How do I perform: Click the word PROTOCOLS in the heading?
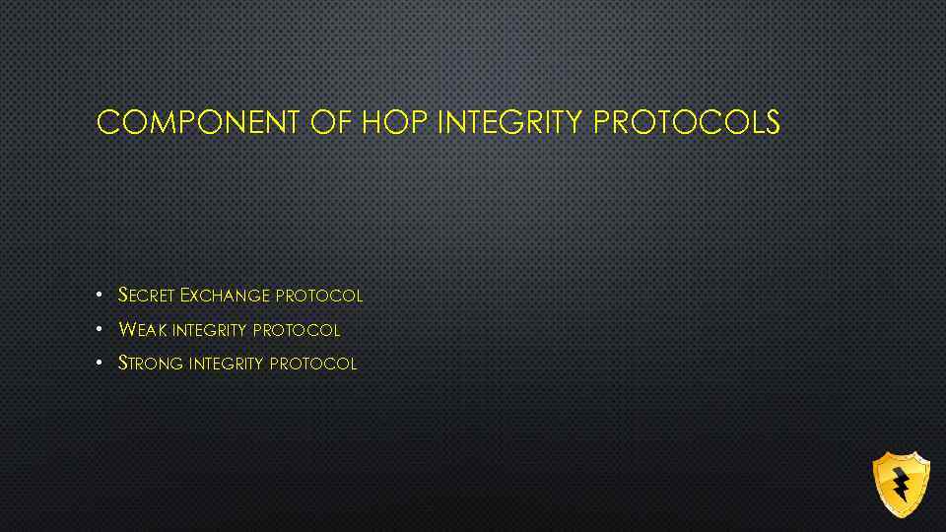click(x=688, y=122)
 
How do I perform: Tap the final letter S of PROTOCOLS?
click(x=772, y=122)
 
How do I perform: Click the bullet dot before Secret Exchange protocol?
click(x=101, y=296)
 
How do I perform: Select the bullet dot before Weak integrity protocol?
click(x=101, y=329)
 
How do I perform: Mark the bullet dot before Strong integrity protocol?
click(x=101, y=363)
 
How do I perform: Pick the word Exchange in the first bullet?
click(x=226, y=296)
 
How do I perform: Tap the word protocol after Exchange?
click(x=319, y=296)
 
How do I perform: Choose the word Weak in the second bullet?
click(x=142, y=329)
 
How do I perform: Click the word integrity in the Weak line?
click(x=209, y=329)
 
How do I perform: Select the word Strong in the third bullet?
click(x=151, y=363)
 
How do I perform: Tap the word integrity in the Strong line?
click(x=226, y=363)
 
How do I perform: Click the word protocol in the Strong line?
click(x=313, y=363)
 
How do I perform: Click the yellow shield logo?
click(x=901, y=484)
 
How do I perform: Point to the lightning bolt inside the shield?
click(x=900, y=484)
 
